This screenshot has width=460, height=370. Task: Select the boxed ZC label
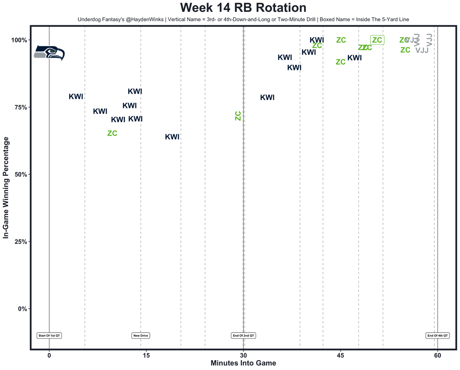tap(377, 40)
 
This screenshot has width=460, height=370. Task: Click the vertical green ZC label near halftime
tap(238, 116)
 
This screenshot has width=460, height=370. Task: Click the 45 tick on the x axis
tap(340, 355)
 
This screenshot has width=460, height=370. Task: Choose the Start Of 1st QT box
tap(49, 335)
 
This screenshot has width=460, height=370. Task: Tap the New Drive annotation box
tap(141, 335)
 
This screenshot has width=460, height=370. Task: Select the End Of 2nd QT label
tap(243, 335)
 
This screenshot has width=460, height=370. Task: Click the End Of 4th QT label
tap(437, 335)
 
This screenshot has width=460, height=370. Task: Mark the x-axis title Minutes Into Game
tap(243, 363)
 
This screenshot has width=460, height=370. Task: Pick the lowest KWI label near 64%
tap(172, 137)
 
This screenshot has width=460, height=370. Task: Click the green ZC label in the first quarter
tap(112, 133)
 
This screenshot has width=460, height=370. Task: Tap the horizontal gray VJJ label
tap(422, 50)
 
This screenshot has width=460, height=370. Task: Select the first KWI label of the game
tap(76, 97)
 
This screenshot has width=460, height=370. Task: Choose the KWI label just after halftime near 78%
tap(267, 98)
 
